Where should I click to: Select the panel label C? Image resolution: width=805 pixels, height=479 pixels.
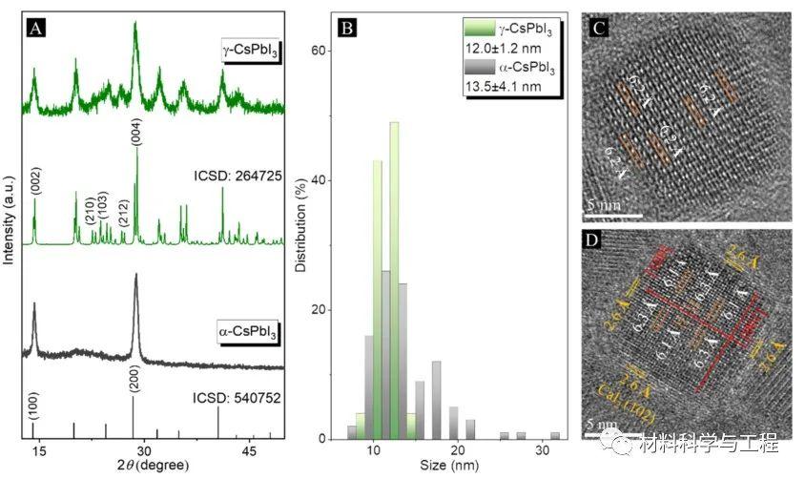coord(599,27)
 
